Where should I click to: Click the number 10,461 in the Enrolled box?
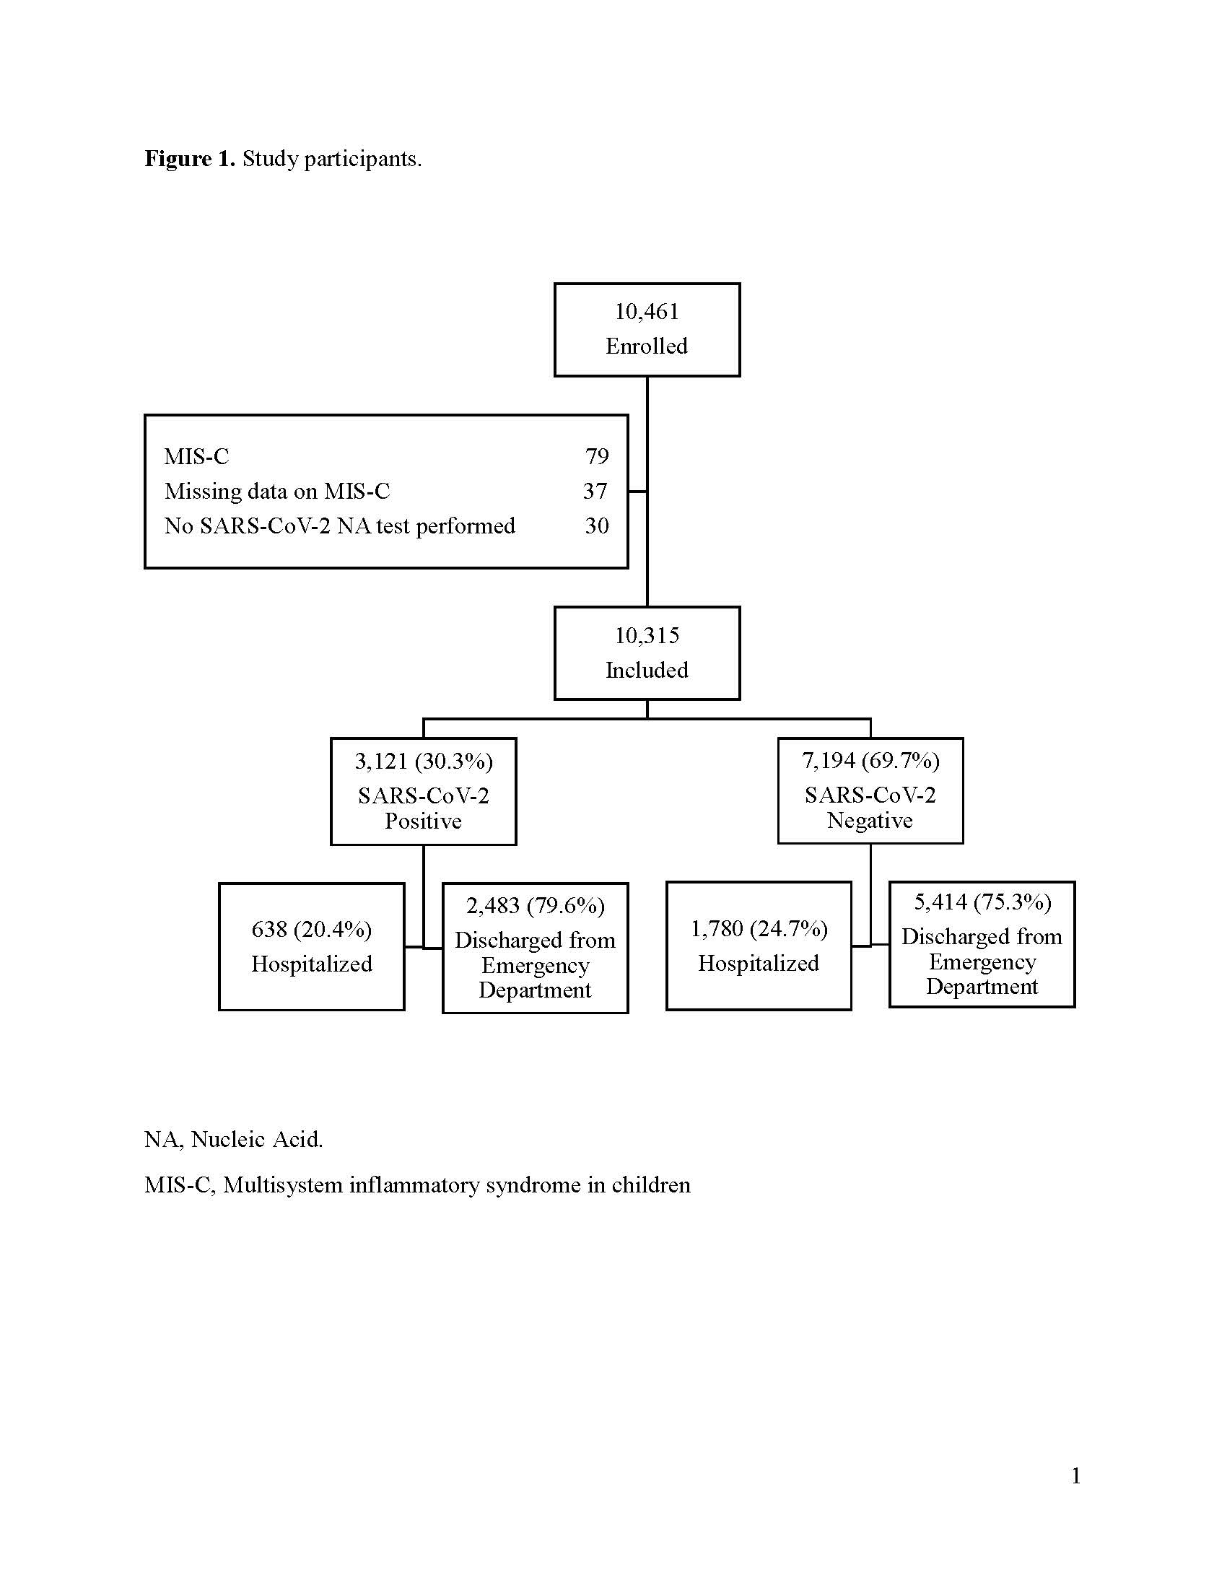click(647, 312)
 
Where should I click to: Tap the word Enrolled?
click(647, 346)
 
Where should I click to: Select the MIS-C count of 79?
click(597, 456)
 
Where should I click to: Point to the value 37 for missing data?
click(595, 491)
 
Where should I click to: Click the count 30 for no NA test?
click(597, 525)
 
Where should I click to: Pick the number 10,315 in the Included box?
click(647, 635)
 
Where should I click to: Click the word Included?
click(647, 670)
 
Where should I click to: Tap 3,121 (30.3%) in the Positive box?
click(424, 762)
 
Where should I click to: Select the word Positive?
click(423, 821)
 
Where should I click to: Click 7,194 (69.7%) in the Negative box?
click(871, 761)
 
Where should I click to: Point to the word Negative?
click(870, 820)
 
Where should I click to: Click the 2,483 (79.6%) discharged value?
click(536, 906)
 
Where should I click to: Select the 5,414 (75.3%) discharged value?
click(983, 902)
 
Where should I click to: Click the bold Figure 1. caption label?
click(190, 159)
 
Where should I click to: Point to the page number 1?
click(1077, 1476)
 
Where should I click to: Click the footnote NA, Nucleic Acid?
click(233, 1139)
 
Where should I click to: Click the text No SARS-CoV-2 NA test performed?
click(339, 525)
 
